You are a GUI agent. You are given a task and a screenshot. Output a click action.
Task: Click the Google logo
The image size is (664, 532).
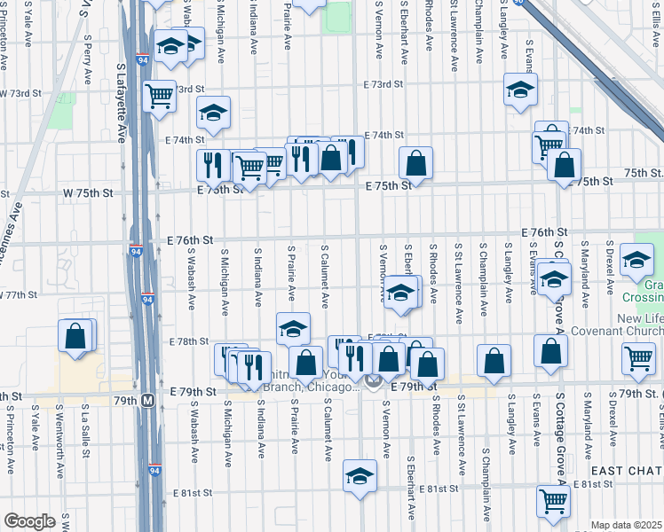coord(29,521)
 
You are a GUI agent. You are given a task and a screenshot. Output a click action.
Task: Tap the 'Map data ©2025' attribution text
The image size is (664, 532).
coord(627,525)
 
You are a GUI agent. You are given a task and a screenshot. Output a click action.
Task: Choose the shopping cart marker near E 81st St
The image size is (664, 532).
coord(554,501)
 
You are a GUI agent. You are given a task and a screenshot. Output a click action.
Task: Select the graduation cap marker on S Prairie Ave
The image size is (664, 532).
coord(293,328)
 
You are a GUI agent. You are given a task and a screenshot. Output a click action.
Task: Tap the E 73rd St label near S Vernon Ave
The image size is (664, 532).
coord(383,84)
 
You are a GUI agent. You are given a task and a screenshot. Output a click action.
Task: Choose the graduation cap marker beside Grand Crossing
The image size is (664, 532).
coord(636,259)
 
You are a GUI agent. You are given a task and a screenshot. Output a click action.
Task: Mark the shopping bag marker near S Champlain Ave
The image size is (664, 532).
coord(494,359)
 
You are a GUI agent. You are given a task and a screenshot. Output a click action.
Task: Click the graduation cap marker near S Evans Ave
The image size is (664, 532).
coord(554,278)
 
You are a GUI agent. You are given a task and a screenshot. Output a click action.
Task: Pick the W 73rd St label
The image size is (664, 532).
coord(20,93)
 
